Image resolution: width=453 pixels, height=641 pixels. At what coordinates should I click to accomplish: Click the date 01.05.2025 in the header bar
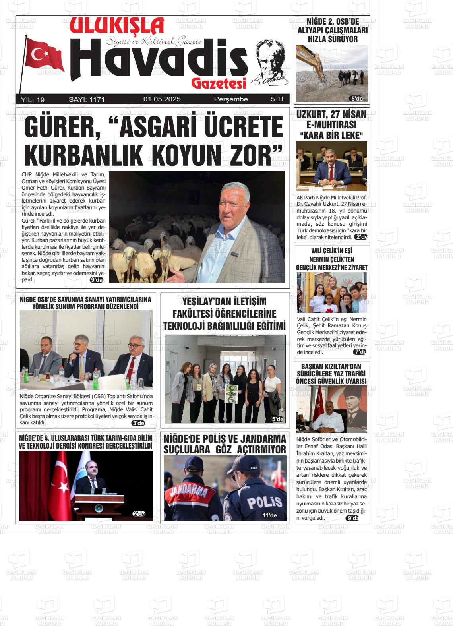(x=162, y=99)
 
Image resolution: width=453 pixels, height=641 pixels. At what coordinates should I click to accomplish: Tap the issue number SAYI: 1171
(x=87, y=99)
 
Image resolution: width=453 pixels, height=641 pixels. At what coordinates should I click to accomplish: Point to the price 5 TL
(x=278, y=99)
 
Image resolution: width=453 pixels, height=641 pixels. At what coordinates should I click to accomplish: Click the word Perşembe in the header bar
(x=230, y=99)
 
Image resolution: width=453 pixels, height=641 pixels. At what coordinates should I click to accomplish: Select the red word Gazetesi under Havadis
(x=219, y=83)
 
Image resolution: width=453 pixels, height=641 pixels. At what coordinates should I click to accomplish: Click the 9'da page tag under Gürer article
(x=97, y=280)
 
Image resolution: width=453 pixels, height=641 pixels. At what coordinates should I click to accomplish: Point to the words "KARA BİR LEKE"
(x=332, y=136)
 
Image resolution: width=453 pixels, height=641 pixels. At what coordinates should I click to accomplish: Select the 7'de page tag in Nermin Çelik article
(x=360, y=352)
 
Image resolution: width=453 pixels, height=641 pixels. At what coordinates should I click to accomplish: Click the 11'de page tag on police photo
(x=269, y=516)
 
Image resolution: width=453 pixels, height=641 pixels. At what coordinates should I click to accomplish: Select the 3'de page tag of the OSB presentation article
(x=138, y=423)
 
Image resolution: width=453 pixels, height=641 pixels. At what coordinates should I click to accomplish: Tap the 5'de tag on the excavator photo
(x=356, y=99)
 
